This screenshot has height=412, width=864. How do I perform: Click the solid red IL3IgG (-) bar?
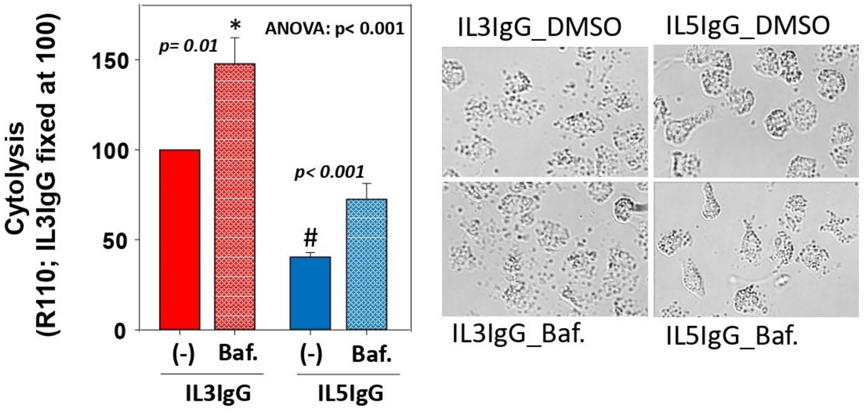[x=180, y=239]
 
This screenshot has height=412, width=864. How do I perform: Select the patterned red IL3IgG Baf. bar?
[x=235, y=196]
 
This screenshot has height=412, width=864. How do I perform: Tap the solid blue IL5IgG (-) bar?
[x=310, y=293]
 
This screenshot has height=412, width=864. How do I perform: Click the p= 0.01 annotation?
[x=188, y=46]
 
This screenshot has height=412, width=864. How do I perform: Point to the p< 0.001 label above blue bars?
[x=329, y=172]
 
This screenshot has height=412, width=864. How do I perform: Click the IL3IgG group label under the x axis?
[x=218, y=393]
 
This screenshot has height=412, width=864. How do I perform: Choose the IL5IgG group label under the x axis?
[x=350, y=393]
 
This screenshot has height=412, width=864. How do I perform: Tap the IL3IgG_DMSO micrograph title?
[x=539, y=28]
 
